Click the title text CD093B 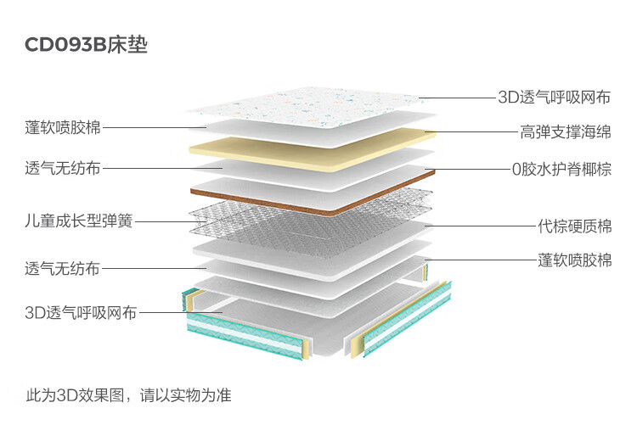pyautogui.click(x=65, y=45)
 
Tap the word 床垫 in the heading pyautogui.click(x=127, y=45)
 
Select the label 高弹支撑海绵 pyautogui.click(x=566, y=131)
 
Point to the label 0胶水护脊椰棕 pyautogui.click(x=561, y=169)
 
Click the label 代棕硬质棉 pyautogui.click(x=574, y=226)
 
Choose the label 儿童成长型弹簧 pyautogui.click(x=79, y=221)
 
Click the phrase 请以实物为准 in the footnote pyautogui.click(x=186, y=395)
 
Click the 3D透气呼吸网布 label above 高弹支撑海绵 pyautogui.click(x=555, y=98)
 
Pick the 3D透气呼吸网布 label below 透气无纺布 pyautogui.click(x=81, y=313)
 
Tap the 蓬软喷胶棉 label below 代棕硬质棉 pyautogui.click(x=574, y=260)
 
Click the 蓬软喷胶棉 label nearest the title pyautogui.click(x=63, y=127)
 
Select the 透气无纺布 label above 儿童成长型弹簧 pyautogui.click(x=63, y=168)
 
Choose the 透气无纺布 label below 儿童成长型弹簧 pyautogui.click(x=63, y=268)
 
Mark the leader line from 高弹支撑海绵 pyautogui.click(x=471, y=131)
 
